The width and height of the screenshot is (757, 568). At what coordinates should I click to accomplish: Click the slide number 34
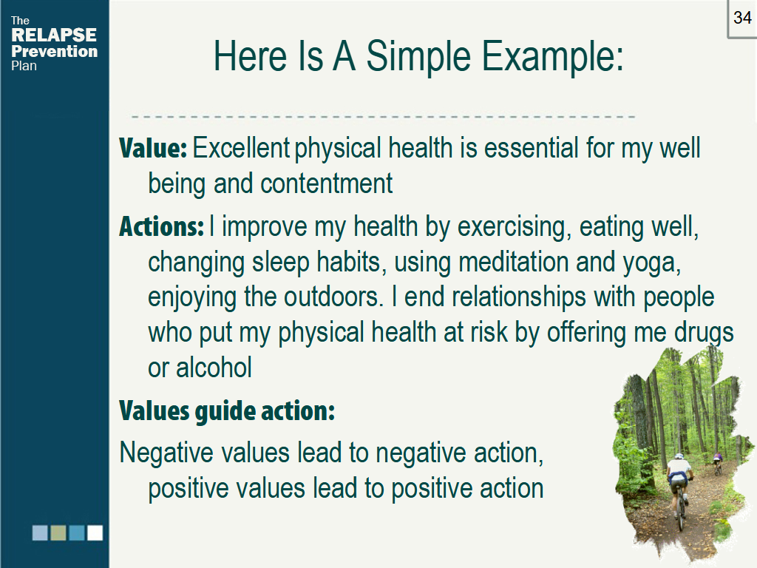(742, 18)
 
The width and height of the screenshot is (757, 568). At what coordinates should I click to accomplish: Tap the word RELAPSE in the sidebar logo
(53, 35)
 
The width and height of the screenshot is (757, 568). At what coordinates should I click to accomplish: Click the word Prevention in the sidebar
(54, 51)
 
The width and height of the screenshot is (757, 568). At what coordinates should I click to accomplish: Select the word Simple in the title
(418, 56)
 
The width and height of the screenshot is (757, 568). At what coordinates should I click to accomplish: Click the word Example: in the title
(553, 56)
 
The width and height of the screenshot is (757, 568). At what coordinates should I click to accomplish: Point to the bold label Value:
(152, 148)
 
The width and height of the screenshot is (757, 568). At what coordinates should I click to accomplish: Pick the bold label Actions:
(161, 226)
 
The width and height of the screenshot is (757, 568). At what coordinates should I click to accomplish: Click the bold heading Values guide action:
(227, 411)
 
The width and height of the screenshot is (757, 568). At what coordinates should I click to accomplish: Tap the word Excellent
(241, 147)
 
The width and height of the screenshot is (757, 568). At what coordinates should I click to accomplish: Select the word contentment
(327, 183)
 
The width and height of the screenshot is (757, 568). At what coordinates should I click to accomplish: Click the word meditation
(513, 262)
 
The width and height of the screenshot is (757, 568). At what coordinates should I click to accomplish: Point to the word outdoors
(333, 297)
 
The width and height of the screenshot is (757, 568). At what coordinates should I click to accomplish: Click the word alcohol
(214, 368)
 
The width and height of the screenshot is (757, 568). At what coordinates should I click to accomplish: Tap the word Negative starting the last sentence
(166, 453)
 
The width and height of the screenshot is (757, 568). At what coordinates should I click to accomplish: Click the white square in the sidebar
(95, 532)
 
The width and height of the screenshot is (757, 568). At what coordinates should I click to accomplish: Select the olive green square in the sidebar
(58, 532)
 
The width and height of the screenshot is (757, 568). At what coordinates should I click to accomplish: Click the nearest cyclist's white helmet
(679, 456)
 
